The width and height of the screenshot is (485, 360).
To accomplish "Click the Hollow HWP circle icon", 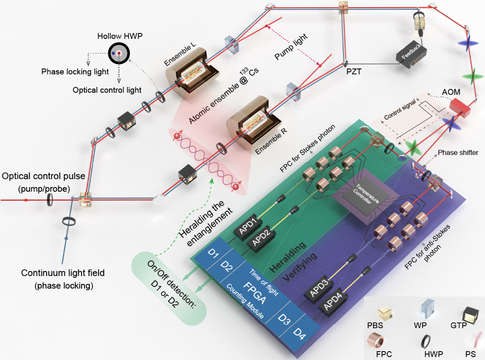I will click(119, 53).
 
